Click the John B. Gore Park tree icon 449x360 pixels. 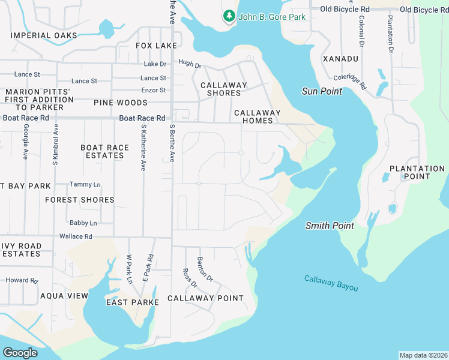coord(229,16)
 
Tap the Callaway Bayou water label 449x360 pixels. coord(331,283)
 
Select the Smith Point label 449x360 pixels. coord(330,226)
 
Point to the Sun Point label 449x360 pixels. coord(322,91)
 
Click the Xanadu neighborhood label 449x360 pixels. coord(340,59)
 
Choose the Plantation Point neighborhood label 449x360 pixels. coord(417,172)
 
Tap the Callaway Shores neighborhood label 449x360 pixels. coord(224,89)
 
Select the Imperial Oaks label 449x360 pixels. coord(44,35)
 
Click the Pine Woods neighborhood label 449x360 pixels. coord(121,103)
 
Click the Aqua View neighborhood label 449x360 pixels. coord(64,296)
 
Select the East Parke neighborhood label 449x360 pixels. coord(133,302)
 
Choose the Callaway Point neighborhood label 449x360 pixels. coord(205,298)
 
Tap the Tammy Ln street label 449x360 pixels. coord(85,184)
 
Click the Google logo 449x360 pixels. coord(20,353)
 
